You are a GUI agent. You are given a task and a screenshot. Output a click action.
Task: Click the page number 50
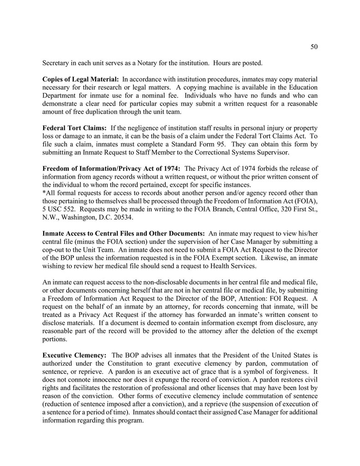tap(314, 46)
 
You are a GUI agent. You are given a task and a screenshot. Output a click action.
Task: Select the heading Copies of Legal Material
tap(81, 80)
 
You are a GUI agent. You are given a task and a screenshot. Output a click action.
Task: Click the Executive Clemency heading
tap(75, 355)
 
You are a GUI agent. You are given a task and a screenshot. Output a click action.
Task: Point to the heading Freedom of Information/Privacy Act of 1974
tap(111, 169)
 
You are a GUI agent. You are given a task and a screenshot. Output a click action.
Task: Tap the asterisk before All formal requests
tap(44, 193)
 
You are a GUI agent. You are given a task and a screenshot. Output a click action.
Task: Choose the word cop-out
tap(55, 250)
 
